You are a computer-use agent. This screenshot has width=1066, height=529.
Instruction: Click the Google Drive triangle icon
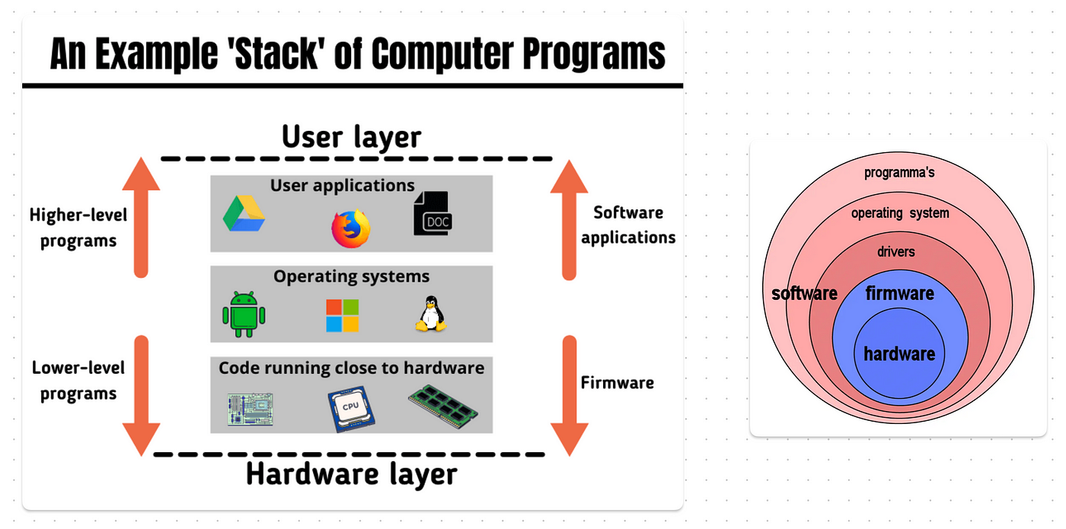(244, 214)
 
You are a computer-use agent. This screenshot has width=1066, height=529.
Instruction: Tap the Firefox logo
(351, 228)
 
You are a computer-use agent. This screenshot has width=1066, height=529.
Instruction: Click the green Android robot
(244, 314)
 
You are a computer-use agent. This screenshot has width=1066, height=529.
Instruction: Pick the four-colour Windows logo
(342, 315)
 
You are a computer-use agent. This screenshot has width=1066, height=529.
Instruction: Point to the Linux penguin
(431, 314)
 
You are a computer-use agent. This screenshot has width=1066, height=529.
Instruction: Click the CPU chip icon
(351, 408)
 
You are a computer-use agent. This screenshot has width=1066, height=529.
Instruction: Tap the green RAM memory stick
(442, 406)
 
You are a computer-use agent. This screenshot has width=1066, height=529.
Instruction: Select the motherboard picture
(250, 409)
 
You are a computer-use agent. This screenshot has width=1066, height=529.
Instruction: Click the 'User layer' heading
(351, 137)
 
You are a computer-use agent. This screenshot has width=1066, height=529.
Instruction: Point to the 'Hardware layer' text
(351, 474)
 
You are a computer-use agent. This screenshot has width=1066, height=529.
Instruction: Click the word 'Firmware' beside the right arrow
(618, 382)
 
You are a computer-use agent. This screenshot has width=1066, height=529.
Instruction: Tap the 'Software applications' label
(628, 225)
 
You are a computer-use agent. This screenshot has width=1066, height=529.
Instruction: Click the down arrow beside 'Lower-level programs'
(142, 396)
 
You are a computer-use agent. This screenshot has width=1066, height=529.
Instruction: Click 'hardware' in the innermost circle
(899, 354)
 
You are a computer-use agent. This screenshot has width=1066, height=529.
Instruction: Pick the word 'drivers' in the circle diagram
(896, 252)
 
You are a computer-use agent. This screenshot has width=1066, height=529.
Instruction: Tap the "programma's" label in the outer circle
(899, 173)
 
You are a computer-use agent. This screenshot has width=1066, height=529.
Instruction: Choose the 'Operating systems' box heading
(351, 276)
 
